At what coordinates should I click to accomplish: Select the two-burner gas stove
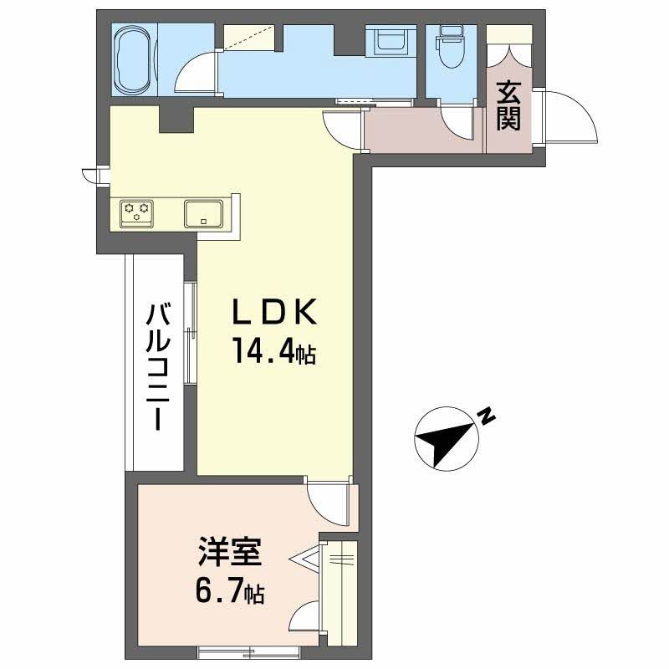(136, 212)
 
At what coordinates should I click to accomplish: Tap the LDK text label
(273, 314)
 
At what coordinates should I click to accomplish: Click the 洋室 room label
(230, 554)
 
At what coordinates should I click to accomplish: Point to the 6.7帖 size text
(230, 592)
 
